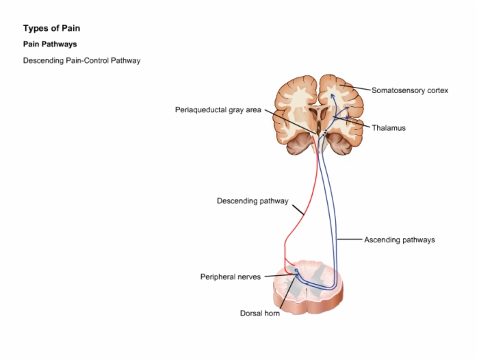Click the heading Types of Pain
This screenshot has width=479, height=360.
click(51, 29)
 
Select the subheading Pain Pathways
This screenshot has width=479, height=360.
click(50, 44)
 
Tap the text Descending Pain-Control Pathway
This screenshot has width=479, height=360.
click(82, 60)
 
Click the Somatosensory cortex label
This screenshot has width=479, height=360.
click(410, 90)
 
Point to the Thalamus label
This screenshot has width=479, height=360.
click(389, 128)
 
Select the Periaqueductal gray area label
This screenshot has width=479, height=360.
click(218, 110)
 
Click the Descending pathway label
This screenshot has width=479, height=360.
click(253, 201)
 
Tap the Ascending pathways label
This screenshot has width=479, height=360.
click(400, 240)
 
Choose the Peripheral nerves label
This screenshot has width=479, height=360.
click(231, 277)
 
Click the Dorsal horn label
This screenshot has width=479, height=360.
click(260, 313)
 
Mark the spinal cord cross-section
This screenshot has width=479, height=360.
click(308, 287)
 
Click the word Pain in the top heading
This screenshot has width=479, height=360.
click(71, 29)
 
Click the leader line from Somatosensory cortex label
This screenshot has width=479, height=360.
click(357, 88)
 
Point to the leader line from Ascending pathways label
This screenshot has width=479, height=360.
click(350, 240)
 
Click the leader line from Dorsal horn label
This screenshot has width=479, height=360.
click(288, 292)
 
